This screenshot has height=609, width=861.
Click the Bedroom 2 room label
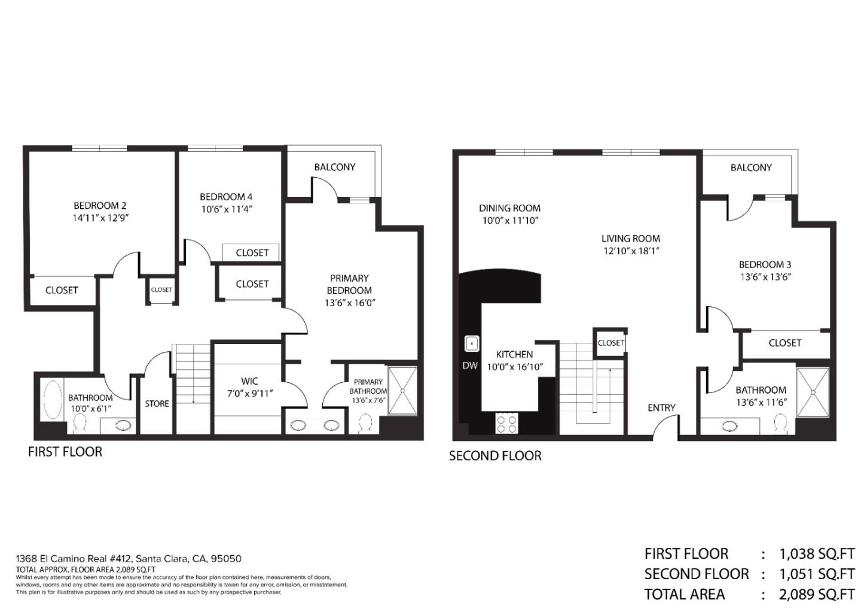(100, 205)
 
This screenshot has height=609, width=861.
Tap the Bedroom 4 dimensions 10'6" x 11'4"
(226, 209)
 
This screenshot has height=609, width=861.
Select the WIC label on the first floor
(249, 381)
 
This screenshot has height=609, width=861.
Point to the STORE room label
(157, 404)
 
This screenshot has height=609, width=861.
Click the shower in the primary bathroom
(402, 391)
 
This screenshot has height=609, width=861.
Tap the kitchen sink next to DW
(472, 344)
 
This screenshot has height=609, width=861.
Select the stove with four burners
(507, 424)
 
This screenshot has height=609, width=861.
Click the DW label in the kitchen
(470, 366)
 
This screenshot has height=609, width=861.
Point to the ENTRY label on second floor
(661, 408)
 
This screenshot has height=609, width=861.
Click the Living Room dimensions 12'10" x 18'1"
(631, 251)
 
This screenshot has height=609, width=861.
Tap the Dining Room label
(509, 208)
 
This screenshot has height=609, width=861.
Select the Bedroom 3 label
(765, 264)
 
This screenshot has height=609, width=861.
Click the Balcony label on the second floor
(751, 168)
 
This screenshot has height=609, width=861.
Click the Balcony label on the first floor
(335, 167)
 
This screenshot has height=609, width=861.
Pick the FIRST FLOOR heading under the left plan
(65, 452)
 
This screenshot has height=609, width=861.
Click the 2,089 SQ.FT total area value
(817, 594)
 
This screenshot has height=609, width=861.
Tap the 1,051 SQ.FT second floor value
(817, 574)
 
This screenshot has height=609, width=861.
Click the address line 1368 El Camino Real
(129, 559)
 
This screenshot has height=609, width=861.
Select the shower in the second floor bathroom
(813, 392)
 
